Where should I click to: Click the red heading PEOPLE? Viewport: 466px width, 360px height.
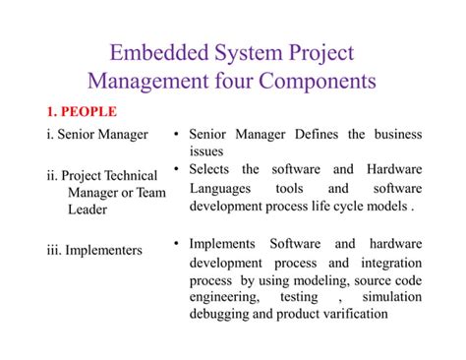89,111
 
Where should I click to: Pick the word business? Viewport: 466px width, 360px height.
392,135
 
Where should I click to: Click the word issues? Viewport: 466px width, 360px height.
206,151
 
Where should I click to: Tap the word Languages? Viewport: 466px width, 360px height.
221,188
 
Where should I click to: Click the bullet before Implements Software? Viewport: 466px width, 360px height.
175,243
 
